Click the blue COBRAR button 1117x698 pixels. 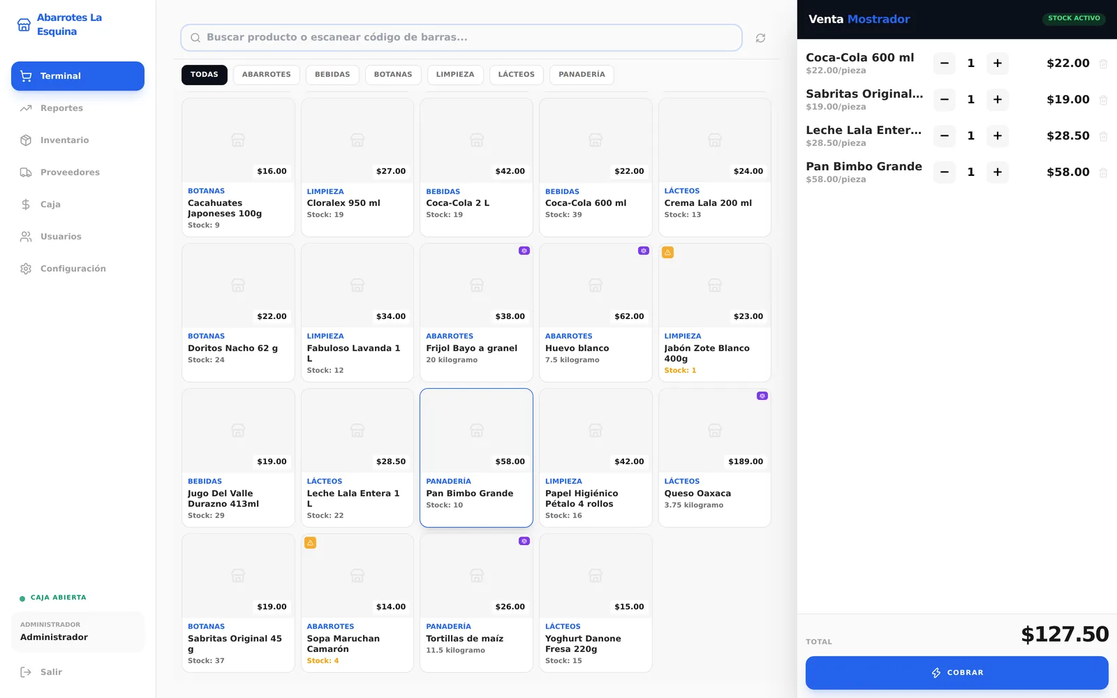pyautogui.click(x=956, y=673)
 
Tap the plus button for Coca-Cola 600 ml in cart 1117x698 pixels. pyautogui.click(x=998, y=64)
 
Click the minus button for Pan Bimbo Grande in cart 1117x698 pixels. pyautogui.click(x=945, y=172)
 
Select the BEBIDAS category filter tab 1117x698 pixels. pyautogui.click(x=332, y=75)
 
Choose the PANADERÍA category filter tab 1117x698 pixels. pyautogui.click(x=582, y=75)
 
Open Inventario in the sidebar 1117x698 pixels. pyautogui.click(x=64, y=140)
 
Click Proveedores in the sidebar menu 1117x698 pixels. pyautogui.click(x=70, y=172)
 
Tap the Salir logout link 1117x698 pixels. pyautogui.click(x=51, y=672)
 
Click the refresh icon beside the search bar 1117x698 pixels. pyautogui.click(x=760, y=38)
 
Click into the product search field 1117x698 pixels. pyautogui.click(x=461, y=38)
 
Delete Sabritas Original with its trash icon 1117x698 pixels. pyautogui.click(x=1103, y=100)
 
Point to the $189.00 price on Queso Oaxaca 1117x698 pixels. pyautogui.click(x=746, y=461)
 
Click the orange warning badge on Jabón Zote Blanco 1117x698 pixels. pyautogui.click(x=667, y=252)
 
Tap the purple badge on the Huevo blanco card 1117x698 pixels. pyautogui.click(x=643, y=251)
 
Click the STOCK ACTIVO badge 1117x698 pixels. pyautogui.click(x=1074, y=18)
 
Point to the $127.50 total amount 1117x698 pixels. pyautogui.click(x=1065, y=634)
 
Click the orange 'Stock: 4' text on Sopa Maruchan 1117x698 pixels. pyautogui.click(x=323, y=660)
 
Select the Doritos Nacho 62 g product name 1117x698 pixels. pyautogui.click(x=233, y=348)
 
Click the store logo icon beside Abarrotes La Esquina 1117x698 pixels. pyautogui.click(x=24, y=24)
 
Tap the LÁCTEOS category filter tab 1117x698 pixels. pyautogui.click(x=516, y=75)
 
